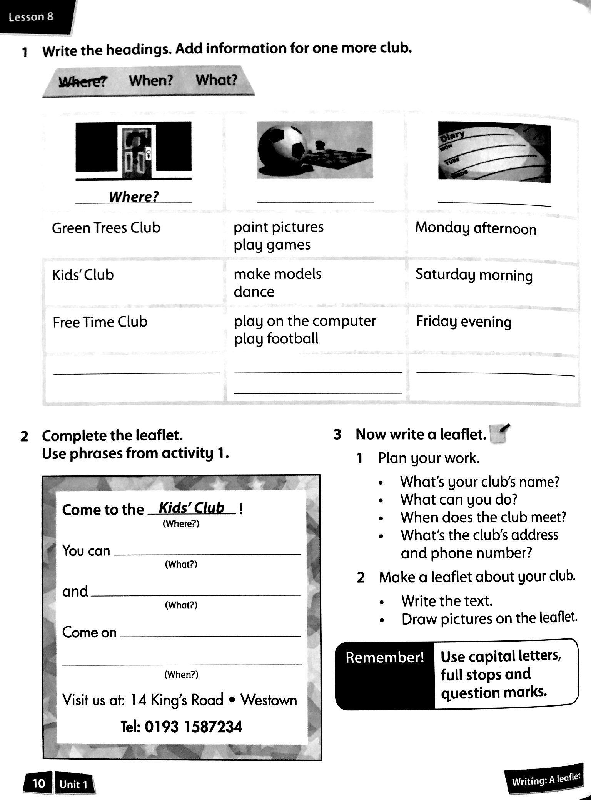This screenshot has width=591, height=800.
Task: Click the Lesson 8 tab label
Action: [x=31, y=17]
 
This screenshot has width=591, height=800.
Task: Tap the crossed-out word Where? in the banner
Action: [x=83, y=82]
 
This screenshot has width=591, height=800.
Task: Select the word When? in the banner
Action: [x=151, y=81]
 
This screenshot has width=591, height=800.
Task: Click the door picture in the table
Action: [x=133, y=151]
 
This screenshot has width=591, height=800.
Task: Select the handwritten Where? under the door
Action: [x=134, y=197]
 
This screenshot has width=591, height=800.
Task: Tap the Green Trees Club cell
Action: [x=106, y=228]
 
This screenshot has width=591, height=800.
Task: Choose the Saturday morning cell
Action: [x=474, y=275]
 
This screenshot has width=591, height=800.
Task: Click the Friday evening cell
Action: [x=464, y=322]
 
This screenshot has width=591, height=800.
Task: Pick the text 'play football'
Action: [x=276, y=339]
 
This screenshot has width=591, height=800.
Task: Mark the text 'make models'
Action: [x=277, y=274]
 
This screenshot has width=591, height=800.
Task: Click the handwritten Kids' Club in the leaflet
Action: [x=192, y=508]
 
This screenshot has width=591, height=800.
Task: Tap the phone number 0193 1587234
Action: [x=194, y=727]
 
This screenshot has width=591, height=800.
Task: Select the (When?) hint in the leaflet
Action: [x=181, y=675]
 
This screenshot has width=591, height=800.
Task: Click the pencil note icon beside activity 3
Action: [x=499, y=434]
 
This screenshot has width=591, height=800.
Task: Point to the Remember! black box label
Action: [x=384, y=658]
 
